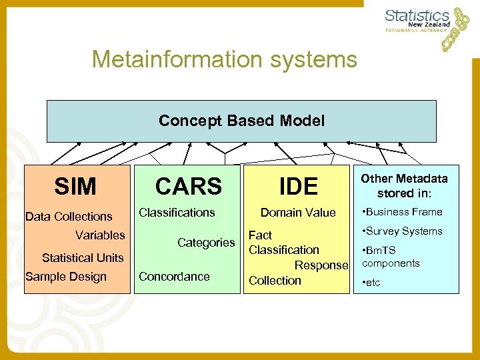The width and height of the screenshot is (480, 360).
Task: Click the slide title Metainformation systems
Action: (x=225, y=59)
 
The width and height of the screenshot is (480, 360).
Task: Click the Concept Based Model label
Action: (x=241, y=121)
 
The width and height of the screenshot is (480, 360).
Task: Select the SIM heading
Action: (x=75, y=187)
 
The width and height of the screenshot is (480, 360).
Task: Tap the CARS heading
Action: (x=189, y=187)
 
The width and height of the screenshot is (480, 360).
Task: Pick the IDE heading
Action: (x=298, y=187)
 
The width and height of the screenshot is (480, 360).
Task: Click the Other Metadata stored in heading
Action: (x=404, y=186)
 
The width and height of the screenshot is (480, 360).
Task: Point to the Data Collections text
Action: (x=69, y=216)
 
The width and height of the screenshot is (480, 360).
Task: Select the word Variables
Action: (x=100, y=235)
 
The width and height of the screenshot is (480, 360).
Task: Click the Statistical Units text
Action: (x=83, y=257)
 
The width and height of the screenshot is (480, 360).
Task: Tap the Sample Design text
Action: (x=65, y=277)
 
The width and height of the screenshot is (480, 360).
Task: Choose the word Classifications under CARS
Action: (x=177, y=212)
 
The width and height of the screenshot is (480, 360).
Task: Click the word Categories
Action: (x=206, y=243)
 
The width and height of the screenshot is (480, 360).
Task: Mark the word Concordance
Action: (x=174, y=277)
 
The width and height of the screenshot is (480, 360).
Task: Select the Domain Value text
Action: (x=298, y=212)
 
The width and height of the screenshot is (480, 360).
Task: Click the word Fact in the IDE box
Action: (x=260, y=235)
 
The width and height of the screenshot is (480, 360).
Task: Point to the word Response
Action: (x=321, y=265)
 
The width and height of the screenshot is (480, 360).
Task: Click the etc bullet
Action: (x=372, y=283)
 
